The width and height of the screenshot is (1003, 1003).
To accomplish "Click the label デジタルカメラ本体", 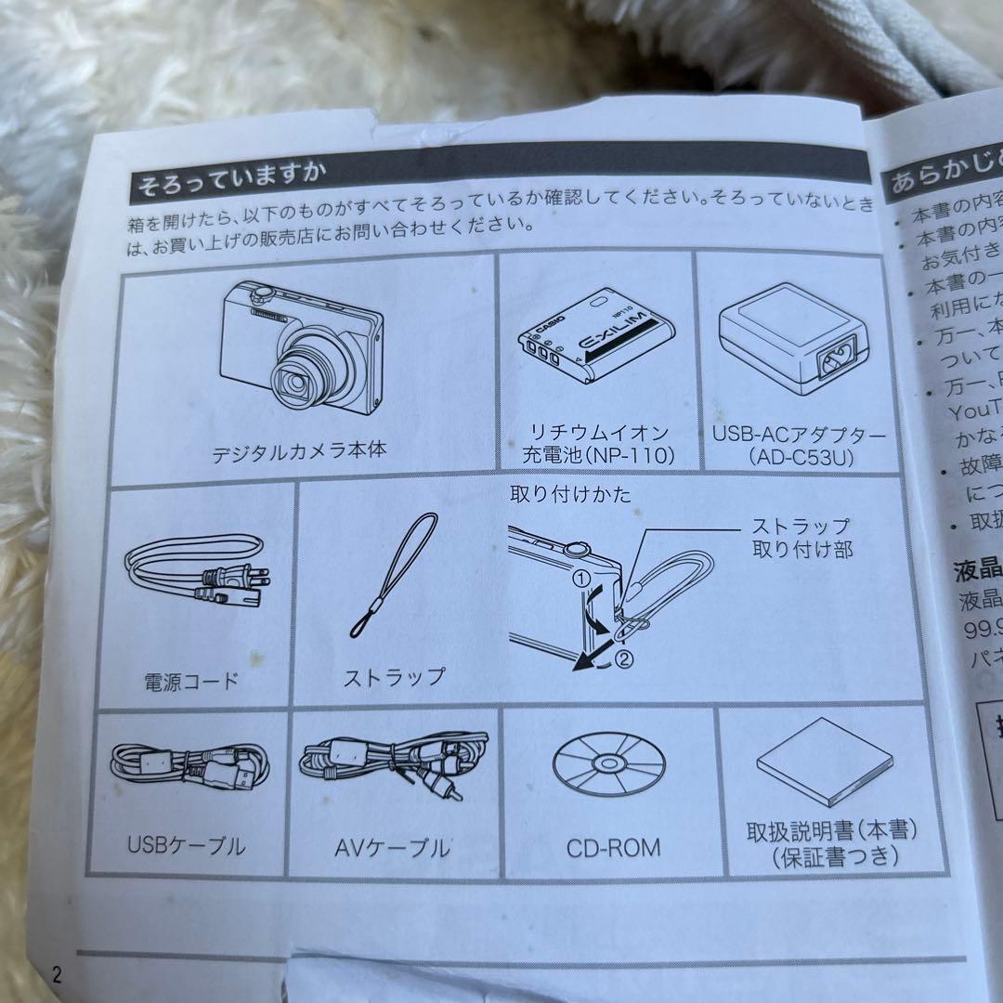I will pos(298,453).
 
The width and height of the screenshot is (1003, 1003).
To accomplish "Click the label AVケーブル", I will pos(391,847).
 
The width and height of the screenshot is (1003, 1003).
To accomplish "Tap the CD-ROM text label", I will pos(613,848).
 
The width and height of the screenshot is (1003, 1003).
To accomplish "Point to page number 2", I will pos(57,974).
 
